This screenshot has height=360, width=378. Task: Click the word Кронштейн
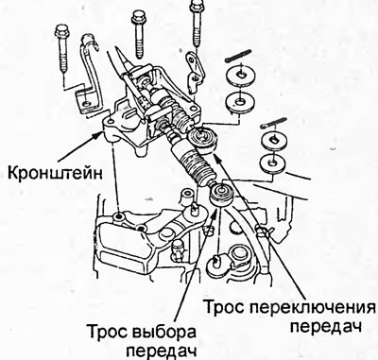(55, 173)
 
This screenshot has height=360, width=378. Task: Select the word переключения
(313, 307)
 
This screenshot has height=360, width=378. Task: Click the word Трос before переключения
(225, 307)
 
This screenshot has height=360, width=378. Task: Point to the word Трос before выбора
(107, 333)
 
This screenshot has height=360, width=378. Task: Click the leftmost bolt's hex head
(62, 31)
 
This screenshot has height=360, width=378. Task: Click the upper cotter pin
(239, 55)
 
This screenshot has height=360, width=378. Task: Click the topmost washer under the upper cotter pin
(240, 76)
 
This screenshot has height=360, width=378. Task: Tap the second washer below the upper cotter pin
(240, 101)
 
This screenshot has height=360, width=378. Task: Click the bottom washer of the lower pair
(273, 163)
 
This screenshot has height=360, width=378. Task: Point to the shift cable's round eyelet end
(201, 139)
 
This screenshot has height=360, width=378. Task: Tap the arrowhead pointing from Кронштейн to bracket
(98, 136)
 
